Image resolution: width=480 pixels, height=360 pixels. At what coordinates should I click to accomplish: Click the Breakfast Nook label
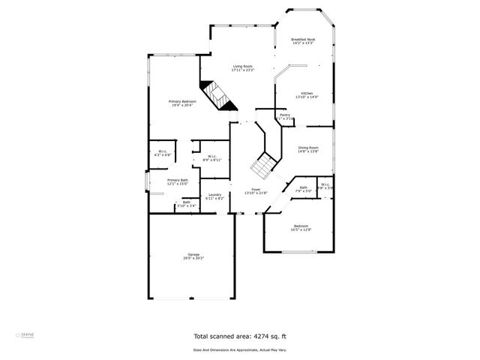303,41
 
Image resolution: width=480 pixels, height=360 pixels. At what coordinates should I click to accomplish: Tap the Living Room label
243,68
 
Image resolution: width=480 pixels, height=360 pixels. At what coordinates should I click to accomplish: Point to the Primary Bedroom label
182,103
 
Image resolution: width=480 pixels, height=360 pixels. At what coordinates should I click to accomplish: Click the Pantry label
285,116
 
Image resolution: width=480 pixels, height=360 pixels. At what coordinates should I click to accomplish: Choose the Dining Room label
308,149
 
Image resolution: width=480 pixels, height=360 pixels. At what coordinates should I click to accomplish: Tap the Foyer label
256,190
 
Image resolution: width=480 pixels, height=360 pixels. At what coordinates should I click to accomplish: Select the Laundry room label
215,196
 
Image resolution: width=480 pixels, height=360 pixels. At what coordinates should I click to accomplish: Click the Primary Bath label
178,181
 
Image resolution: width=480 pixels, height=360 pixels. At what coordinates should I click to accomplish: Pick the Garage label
193,256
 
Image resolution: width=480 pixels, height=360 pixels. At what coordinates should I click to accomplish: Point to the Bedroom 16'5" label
301,227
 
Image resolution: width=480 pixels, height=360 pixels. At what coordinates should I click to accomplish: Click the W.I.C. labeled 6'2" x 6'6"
163,153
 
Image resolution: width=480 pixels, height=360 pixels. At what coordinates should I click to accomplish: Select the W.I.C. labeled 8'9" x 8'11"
212,157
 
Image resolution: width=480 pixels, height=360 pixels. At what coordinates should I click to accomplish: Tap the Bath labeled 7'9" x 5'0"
303,189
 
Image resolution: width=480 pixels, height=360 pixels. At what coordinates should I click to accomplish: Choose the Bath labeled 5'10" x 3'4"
187,203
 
